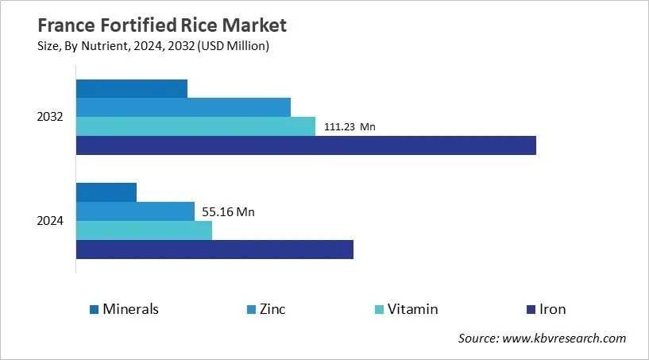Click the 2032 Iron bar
(x=306, y=145)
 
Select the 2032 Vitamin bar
(x=195, y=126)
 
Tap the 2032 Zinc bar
(x=183, y=107)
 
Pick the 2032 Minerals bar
(x=132, y=88)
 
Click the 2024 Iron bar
(x=214, y=249)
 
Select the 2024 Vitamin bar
(x=144, y=230)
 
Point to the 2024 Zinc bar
(x=135, y=211)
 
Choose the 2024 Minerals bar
(x=106, y=192)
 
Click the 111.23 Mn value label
(x=350, y=126)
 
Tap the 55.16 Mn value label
(x=229, y=211)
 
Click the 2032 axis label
(x=50, y=117)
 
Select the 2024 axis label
(x=50, y=220)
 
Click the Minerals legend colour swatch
(x=95, y=309)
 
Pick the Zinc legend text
(x=272, y=309)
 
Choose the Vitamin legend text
(x=412, y=309)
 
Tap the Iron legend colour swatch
(x=531, y=309)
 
